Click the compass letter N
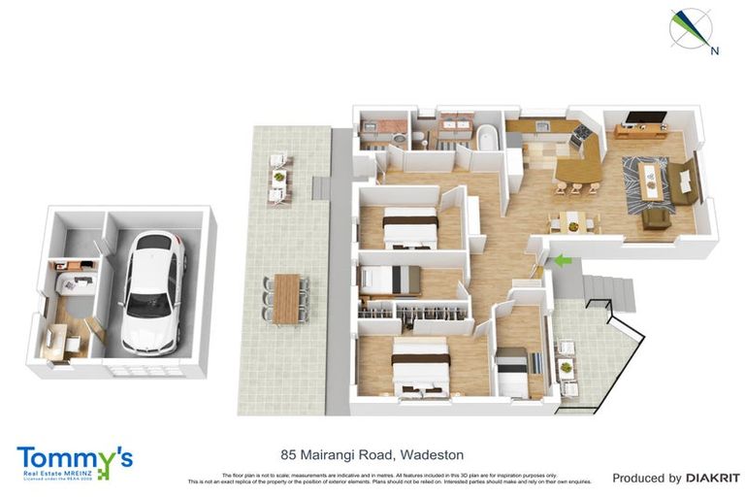coord(714,50)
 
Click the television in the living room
coord(645,119)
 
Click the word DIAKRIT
coord(713,478)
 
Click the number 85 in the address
coord(288,454)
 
